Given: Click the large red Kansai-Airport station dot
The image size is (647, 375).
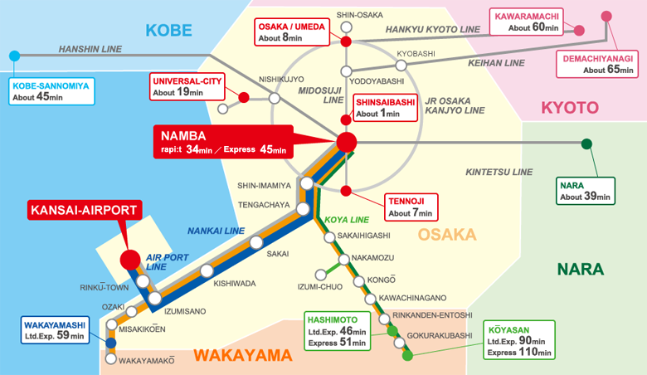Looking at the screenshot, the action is [130, 260].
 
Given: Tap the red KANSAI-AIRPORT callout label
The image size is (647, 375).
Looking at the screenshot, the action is [85, 210].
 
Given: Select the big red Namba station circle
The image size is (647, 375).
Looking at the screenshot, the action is [346, 143].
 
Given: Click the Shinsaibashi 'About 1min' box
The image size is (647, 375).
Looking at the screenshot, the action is [386, 108].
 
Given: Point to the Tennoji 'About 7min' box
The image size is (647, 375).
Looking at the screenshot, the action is [411, 207].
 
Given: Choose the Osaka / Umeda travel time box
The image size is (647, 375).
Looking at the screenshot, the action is [292, 32].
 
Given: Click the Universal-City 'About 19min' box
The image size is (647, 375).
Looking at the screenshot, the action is [187, 86].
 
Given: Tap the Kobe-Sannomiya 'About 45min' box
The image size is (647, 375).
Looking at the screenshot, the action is [51, 91].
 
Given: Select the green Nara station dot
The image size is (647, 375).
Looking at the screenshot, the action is [586, 144].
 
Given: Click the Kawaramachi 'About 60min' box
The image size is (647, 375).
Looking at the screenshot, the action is [527, 22].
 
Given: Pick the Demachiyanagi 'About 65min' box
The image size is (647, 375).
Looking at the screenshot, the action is [597, 64].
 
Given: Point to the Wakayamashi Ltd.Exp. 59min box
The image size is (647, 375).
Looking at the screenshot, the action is [55, 330].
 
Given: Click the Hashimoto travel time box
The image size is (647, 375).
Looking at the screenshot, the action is [337, 331].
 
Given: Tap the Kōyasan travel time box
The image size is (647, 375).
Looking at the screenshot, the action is [519, 340].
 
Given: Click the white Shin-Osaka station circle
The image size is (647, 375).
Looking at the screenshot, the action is [347, 27].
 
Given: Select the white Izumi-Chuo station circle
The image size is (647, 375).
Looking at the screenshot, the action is [321, 275].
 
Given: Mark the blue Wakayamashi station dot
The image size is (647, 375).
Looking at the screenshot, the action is [110, 343].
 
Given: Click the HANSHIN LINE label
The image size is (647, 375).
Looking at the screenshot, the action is [90, 49].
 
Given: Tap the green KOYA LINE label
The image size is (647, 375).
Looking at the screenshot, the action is [347, 220].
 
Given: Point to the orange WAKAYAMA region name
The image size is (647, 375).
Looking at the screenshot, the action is [243, 356].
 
